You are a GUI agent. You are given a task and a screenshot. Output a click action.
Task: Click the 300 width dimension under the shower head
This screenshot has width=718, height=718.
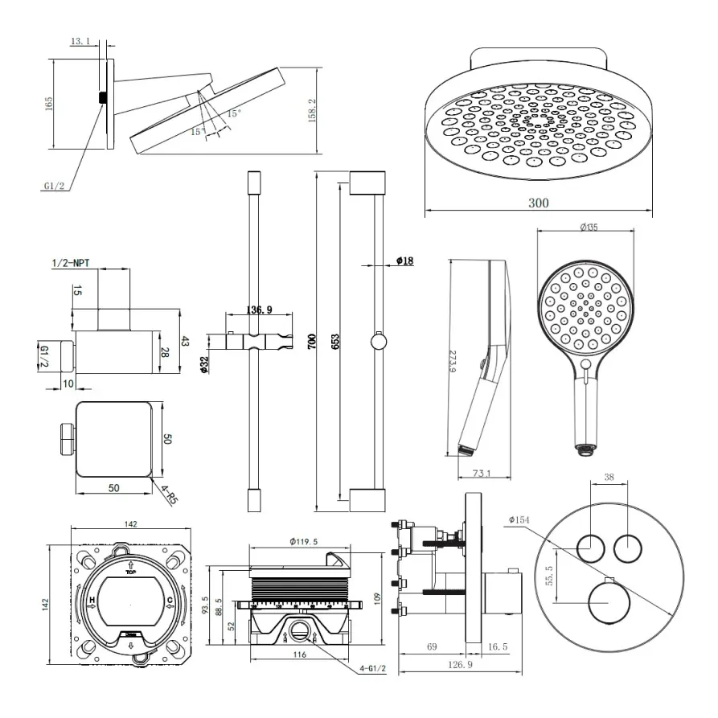pos(539,203)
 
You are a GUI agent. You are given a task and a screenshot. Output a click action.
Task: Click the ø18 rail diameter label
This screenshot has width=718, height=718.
pos(404,261)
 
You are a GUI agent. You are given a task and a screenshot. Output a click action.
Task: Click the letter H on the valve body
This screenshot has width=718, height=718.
pos(92,601)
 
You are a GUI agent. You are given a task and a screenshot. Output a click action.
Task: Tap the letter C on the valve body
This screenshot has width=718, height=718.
pos(170,601)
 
